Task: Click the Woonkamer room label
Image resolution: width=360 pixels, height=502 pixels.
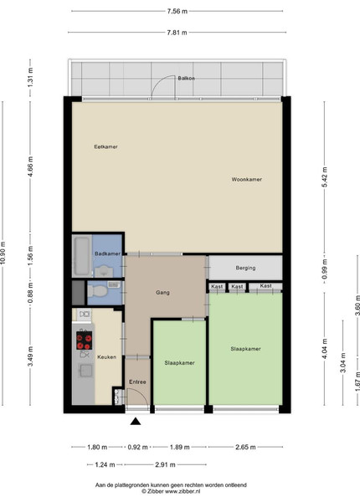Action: [247, 179]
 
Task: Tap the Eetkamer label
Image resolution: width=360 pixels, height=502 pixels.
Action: [105, 146]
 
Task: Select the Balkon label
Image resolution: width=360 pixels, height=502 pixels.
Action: [187, 78]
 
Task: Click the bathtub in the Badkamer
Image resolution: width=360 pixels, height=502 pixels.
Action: [82, 256]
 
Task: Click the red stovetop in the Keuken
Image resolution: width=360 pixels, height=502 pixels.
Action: [85, 341]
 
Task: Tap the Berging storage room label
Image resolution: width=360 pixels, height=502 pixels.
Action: [245, 268]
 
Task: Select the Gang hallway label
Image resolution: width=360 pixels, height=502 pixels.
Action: [162, 292]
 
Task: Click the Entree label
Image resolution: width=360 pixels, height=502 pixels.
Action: [137, 382]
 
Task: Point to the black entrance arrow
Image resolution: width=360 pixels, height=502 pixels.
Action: [136, 422]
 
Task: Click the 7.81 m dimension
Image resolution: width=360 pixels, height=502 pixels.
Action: [177, 33]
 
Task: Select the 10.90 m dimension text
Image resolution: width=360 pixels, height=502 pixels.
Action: [3, 253]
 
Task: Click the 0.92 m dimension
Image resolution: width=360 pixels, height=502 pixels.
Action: [138, 447]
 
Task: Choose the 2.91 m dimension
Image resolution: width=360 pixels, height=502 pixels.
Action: [165, 464]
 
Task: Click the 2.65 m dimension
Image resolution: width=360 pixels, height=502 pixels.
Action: [245, 447]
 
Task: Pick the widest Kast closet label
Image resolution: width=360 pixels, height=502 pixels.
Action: [266, 285]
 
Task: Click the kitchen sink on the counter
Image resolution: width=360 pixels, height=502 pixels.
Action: [86, 371]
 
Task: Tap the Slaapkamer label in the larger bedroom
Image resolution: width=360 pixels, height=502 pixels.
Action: [245, 349]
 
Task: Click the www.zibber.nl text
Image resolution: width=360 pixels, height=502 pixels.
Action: [183, 491]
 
